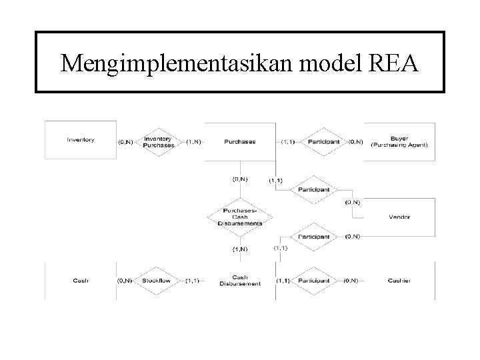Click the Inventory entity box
[81, 140]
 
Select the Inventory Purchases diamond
[158, 141]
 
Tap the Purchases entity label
[240, 141]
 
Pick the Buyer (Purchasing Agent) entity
[399, 141]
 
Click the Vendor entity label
[399, 217]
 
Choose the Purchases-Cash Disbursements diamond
[240, 217]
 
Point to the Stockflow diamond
[156, 281]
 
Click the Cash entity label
[81, 281]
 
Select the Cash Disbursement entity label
[240, 281]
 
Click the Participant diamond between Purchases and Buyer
[323, 141]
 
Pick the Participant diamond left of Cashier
[313, 281]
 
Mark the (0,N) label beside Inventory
[125, 141]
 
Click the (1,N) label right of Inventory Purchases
[195, 141]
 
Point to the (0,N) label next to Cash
[125, 281]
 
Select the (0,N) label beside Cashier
[352, 281]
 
